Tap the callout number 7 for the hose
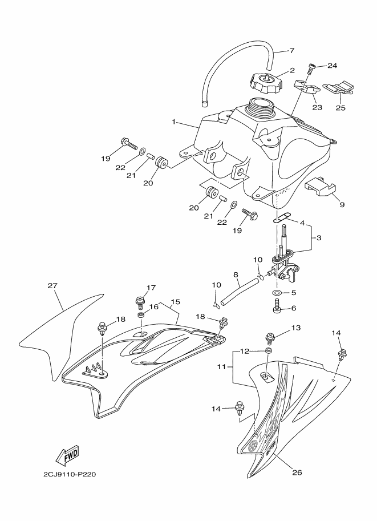(x=291, y=50)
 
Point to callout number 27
(x=52, y=286)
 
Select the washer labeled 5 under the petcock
(x=277, y=293)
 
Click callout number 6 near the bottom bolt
(x=294, y=308)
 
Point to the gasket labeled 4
(x=282, y=217)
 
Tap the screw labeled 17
(x=139, y=300)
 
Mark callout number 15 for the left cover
(x=175, y=301)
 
